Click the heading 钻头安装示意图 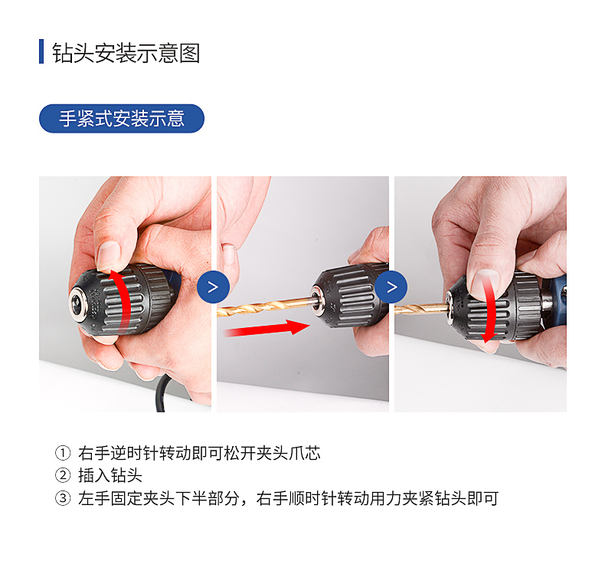126,53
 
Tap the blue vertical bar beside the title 41,51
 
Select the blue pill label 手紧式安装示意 122,119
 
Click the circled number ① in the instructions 63,453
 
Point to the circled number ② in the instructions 63,475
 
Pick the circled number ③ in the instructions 63,498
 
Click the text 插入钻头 110,475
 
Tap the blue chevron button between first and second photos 213,287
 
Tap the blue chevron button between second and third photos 391,287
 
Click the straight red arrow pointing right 267,329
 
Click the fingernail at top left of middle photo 229,254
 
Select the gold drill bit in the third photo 421,309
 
